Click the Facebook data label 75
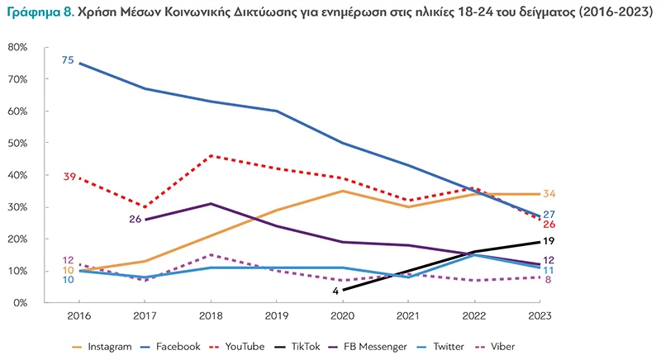coord(68,60)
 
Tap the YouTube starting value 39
coord(69,177)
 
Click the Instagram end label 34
coord(549,194)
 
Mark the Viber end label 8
coord(547,279)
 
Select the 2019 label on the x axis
coord(276,315)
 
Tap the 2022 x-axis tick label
coord(473,315)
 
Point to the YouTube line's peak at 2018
coord(210,156)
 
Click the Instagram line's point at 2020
coord(342,191)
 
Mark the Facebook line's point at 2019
coord(276,111)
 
